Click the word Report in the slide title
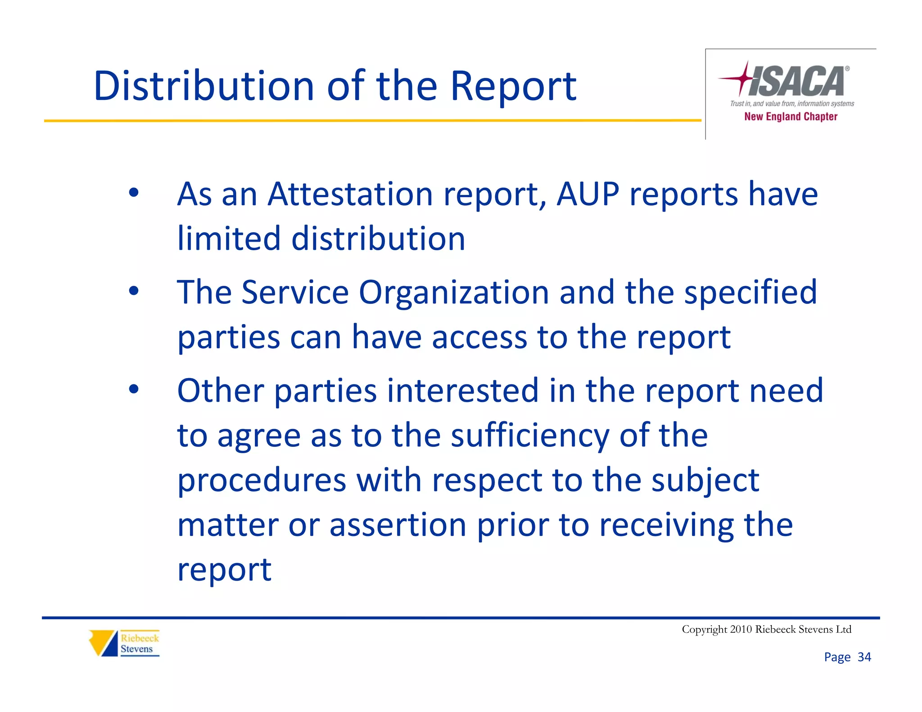pyautogui.click(x=513, y=87)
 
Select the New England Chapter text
pyautogui.click(x=791, y=117)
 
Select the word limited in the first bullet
pyautogui.click(x=229, y=238)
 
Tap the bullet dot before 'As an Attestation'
pyautogui.click(x=134, y=193)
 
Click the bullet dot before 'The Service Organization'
pyautogui.click(x=134, y=291)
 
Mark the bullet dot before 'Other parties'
pyautogui.click(x=134, y=389)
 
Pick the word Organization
pyautogui.click(x=454, y=293)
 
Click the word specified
pyautogui.click(x=750, y=293)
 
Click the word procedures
pyautogui.click(x=262, y=481)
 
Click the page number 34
pyautogui.click(x=864, y=657)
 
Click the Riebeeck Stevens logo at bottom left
pyautogui.click(x=124, y=643)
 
